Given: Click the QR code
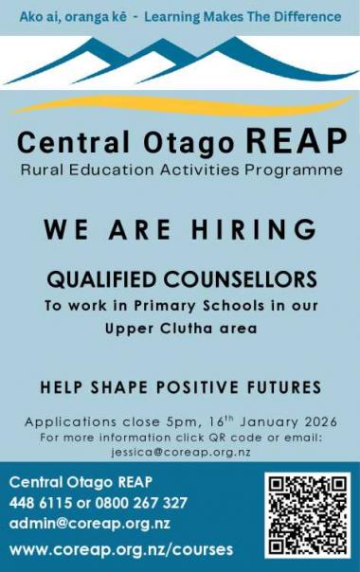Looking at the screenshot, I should click(x=306, y=514).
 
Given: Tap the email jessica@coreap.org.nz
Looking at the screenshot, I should click(x=179, y=452).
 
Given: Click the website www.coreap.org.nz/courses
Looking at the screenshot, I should click(x=120, y=549).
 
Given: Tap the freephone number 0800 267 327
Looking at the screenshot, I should click(x=137, y=503).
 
